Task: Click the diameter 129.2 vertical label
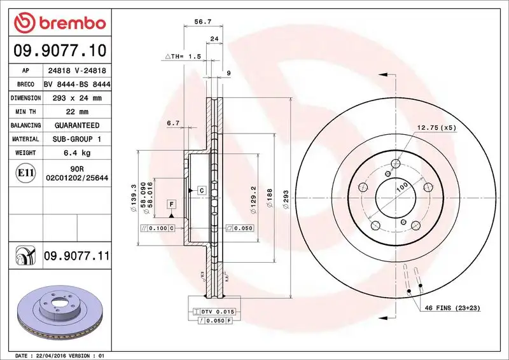point(254,198)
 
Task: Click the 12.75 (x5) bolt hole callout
point(436,128)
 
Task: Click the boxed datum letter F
point(171,204)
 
